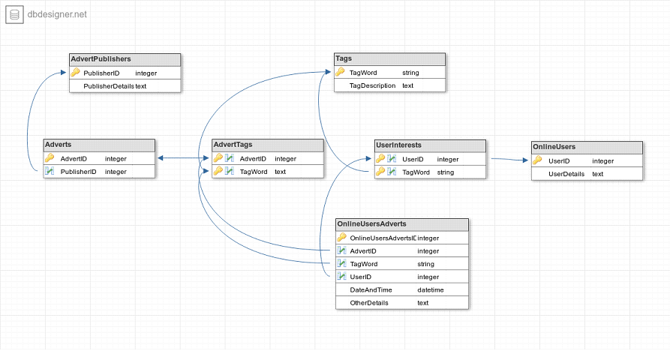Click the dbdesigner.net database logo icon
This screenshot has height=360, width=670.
point(14,14)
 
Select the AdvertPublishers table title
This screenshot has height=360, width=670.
point(101,59)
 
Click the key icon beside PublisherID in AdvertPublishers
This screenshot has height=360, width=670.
point(75,72)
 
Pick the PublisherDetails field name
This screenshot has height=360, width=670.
point(109,86)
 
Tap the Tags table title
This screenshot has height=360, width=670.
point(344,58)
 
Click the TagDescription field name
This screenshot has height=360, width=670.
point(373,85)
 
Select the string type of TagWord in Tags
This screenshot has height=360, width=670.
point(410,73)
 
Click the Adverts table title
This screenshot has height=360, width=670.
point(58,144)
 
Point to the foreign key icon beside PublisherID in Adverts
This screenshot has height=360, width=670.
point(50,171)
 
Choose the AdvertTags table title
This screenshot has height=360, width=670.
point(233,144)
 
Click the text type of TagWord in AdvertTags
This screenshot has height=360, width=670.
point(281,172)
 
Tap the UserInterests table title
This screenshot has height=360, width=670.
point(398,145)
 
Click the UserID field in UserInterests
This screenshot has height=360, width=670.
point(413,159)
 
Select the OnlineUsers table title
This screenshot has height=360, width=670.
point(554,147)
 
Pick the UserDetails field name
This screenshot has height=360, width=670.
point(566,174)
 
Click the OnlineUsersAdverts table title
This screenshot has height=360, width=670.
point(371,223)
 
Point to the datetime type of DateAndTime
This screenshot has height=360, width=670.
point(431,290)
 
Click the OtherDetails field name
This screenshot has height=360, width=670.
point(369,303)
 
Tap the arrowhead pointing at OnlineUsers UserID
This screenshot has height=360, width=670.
point(526,160)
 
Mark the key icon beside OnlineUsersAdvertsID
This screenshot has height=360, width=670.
point(341,237)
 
